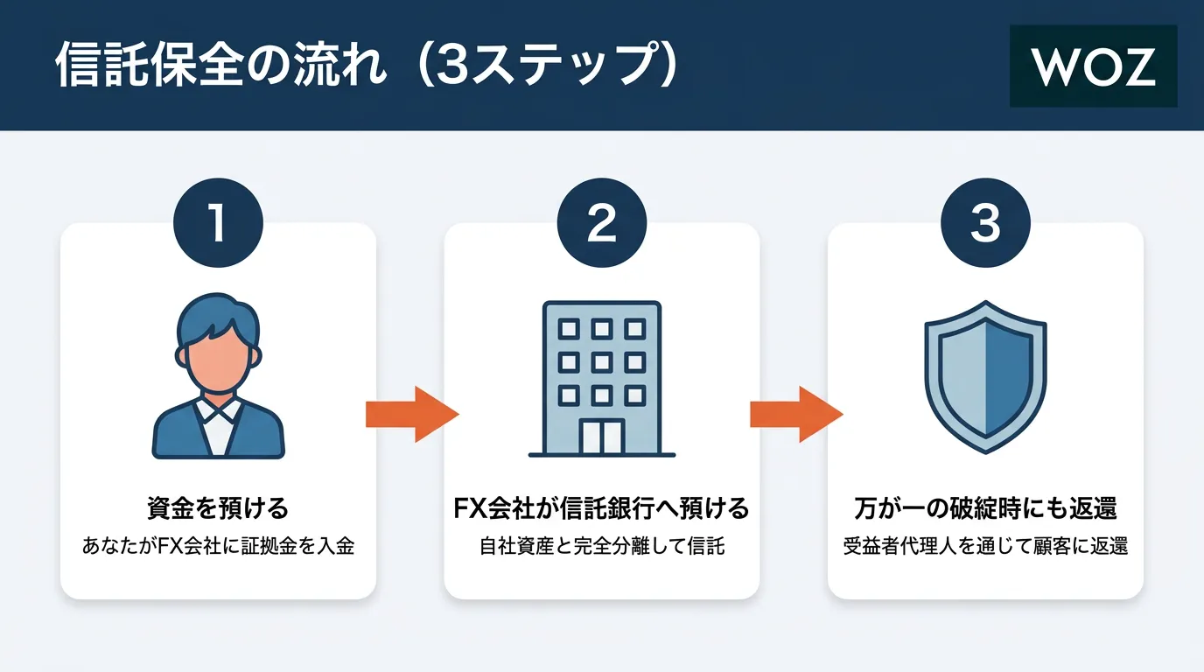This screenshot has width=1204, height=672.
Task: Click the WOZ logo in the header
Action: pyautogui.click(x=1093, y=66)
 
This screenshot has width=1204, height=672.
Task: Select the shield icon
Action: pyautogui.click(x=985, y=376)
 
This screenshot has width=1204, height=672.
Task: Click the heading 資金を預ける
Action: pyautogui.click(x=218, y=508)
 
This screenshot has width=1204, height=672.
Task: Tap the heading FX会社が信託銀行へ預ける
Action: pyautogui.click(x=602, y=508)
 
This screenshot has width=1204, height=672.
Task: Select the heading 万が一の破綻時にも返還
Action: pyautogui.click(x=985, y=508)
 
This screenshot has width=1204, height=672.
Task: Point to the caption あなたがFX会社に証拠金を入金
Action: pyautogui.click(x=218, y=548)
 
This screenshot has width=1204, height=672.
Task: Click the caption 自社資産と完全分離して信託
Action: pyautogui.click(x=602, y=548)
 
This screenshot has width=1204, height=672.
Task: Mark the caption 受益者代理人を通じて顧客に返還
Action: pyautogui.click(x=985, y=548)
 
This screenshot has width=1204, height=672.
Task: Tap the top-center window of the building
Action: pyautogui.click(x=602, y=329)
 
